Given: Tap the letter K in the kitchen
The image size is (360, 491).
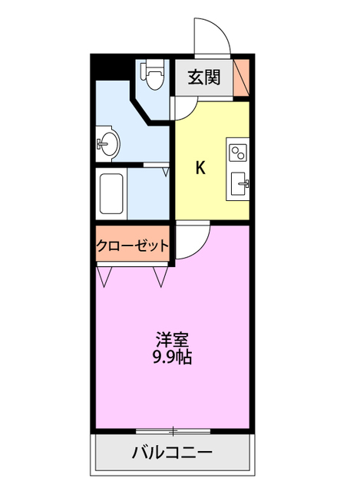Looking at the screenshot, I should pyautogui.click(x=200, y=168).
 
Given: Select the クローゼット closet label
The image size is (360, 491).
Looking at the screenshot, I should pyautogui.click(x=133, y=245).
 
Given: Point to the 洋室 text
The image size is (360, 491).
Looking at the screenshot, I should pyautogui.click(x=173, y=339).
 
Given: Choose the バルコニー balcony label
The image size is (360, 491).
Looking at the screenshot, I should pyautogui.click(x=172, y=452).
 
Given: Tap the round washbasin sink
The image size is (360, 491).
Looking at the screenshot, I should pyautogui.click(x=107, y=143).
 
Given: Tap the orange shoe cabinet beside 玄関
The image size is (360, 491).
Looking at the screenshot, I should pyautogui.click(x=242, y=74).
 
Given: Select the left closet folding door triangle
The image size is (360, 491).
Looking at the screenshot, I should pyautogui.click(x=104, y=275).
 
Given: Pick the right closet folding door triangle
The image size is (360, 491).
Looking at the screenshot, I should pyautogui.click(x=162, y=275).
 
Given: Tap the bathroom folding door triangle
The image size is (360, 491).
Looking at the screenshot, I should pyautogui.click(x=166, y=172).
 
